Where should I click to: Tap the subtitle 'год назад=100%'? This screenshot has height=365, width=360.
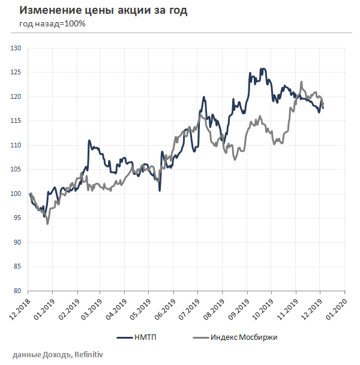tap(52, 24)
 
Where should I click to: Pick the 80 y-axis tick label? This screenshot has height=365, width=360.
tap(17, 291)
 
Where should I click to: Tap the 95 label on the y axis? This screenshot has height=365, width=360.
tap(17, 218)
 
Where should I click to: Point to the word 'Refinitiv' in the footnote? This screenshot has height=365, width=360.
tap(94, 355)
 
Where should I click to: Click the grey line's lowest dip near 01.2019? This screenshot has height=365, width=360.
tap(47, 224)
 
